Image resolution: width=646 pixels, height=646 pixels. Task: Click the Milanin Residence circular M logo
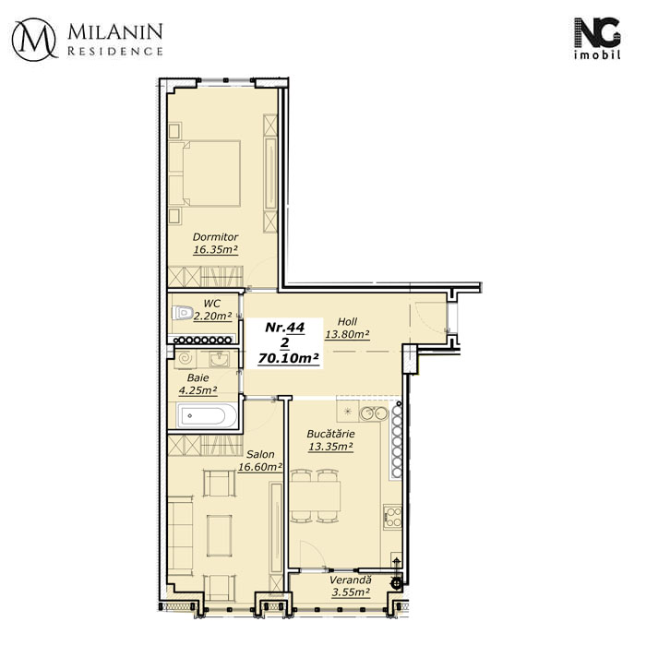pyautogui.click(x=34, y=40)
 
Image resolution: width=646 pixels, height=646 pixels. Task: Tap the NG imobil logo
pyautogui.click(x=597, y=39)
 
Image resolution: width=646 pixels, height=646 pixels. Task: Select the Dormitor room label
pyautogui.click(x=215, y=237)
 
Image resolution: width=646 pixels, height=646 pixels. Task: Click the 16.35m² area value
pyautogui.click(x=215, y=249)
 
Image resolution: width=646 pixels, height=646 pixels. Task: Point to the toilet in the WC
pyautogui.click(x=183, y=313)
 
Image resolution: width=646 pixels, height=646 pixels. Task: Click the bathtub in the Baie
pyautogui.click(x=207, y=415)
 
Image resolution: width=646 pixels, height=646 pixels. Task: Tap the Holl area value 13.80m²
pyautogui.click(x=347, y=334)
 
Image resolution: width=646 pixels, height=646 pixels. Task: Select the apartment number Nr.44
pyautogui.click(x=284, y=327)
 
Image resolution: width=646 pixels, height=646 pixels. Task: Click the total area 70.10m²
pyautogui.click(x=288, y=358)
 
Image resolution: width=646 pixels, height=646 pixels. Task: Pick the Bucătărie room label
pyautogui.click(x=330, y=434)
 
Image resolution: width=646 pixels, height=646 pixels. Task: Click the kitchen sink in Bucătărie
pyautogui.click(x=374, y=413)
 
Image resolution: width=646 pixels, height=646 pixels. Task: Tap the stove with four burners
pyautogui.click(x=392, y=517)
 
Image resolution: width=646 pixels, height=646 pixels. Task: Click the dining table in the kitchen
pyautogui.click(x=316, y=496)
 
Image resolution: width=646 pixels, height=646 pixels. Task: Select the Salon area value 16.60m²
pyautogui.click(x=260, y=467)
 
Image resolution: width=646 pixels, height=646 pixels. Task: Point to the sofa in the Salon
pyautogui.click(x=180, y=536)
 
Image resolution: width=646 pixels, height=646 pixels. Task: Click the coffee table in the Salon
pyautogui.click(x=220, y=535)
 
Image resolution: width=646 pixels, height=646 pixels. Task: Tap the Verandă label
pyautogui.click(x=350, y=580)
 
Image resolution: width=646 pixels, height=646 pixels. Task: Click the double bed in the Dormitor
pyautogui.click(x=204, y=173)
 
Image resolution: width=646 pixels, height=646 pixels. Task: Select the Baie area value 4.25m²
pyautogui.click(x=197, y=390)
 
